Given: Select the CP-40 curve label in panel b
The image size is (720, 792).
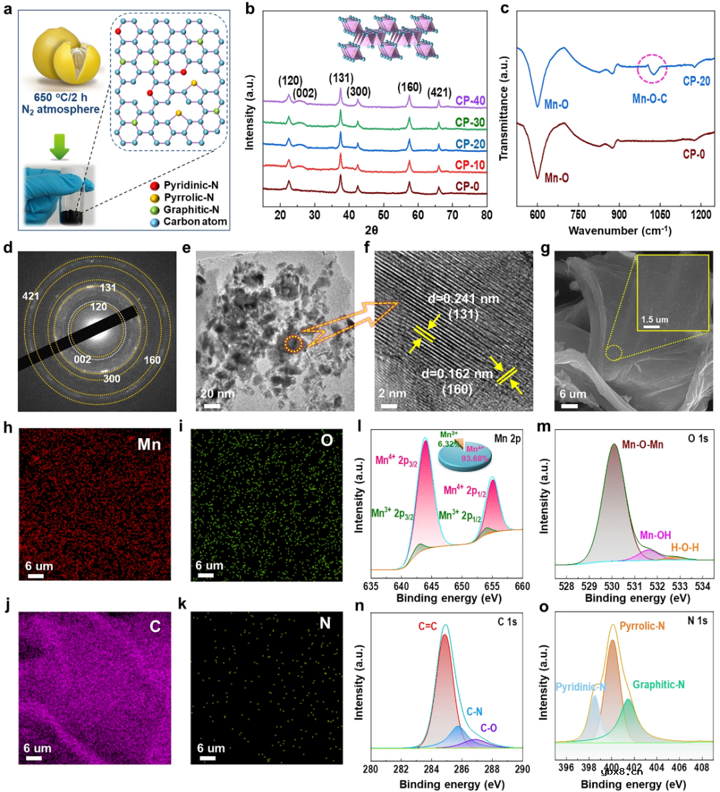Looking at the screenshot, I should (x=470, y=101).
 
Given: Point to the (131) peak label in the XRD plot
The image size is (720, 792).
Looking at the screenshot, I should (x=341, y=79).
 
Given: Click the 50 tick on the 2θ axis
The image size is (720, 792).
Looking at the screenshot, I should (x=383, y=215).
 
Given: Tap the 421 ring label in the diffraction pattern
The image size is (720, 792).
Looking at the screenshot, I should (x=31, y=296).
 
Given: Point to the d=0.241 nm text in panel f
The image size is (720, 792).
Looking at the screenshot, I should (x=463, y=299).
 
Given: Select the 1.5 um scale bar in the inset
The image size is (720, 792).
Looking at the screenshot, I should (x=652, y=327).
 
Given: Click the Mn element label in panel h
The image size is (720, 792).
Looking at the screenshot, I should (x=149, y=444).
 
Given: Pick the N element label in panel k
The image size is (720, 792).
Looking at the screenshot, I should (x=325, y=623).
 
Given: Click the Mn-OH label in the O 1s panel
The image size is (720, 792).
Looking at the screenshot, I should (x=655, y=535).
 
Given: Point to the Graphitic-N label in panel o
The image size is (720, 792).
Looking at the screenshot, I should (x=659, y=685).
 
